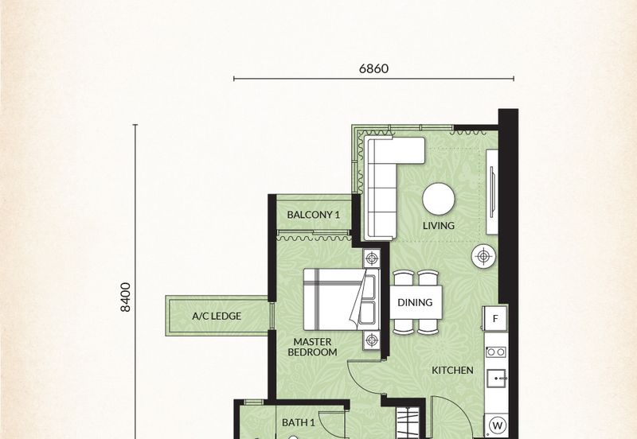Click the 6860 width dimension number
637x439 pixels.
(x=373, y=68)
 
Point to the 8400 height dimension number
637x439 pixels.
(x=126, y=297)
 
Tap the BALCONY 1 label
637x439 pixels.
(x=313, y=215)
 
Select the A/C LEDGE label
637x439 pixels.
(x=217, y=316)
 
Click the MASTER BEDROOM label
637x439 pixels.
(x=312, y=348)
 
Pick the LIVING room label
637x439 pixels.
(x=439, y=226)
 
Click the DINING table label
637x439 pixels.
(x=415, y=302)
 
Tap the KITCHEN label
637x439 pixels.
(x=452, y=370)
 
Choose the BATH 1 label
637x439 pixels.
(x=298, y=423)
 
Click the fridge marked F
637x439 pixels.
(x=494, y=318)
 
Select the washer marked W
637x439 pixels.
(x=497, y=426)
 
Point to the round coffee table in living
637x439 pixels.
(x=439, y=199)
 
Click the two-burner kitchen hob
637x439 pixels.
(x=496, y=352)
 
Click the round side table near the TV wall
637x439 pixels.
(x=483, y=256)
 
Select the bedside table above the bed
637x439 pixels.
(x=371, y=258)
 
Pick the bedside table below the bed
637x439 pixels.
(x=371, y=340)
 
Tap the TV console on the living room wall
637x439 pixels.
(x=492, y=192)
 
